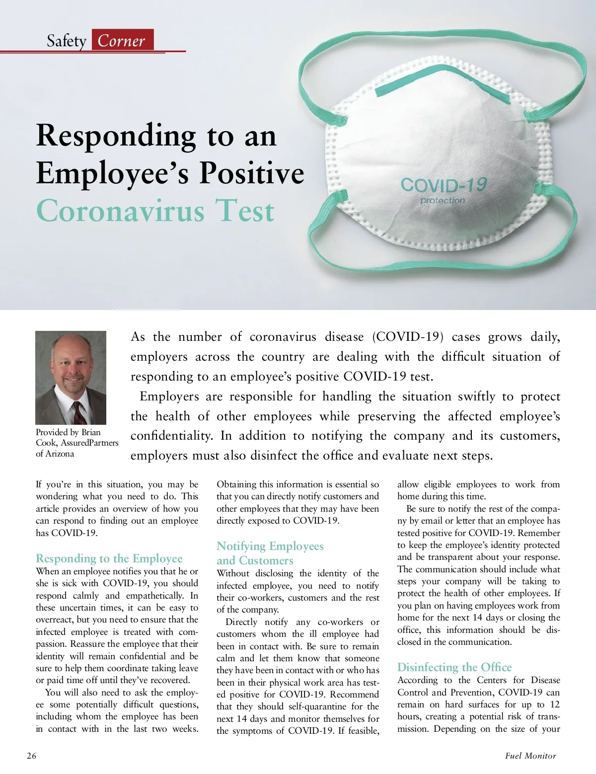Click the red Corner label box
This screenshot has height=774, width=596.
(122, 40)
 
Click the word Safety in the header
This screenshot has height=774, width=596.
(67, 41)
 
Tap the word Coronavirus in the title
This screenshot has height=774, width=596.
(120, 211)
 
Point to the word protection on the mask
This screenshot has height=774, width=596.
(443, 201)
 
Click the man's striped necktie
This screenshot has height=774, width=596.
(79, 412)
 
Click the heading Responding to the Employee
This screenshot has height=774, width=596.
(109, 558)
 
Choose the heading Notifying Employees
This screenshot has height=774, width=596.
(270, 546)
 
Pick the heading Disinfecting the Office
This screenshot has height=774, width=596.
(454, 667)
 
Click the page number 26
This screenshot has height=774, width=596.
(31, 756)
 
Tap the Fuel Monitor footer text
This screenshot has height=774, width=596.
(530, 756)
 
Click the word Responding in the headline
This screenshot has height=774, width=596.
(116, 135)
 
